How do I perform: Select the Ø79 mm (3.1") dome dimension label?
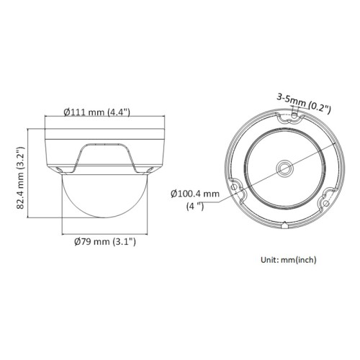[x=105, y=242]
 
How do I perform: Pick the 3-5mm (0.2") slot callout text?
[x=302, y=100]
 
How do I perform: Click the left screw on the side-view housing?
[x=60, y=168]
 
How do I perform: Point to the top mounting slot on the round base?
[x=294, y=114]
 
